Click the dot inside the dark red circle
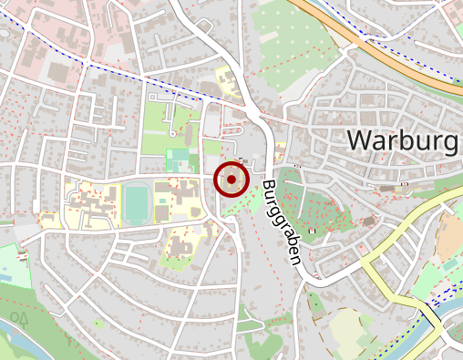pyautogui.click(x=232, y=180)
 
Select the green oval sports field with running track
pyautogui.click(x=138, y=202)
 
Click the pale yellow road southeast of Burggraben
pyautogui.click(x=383, y=273)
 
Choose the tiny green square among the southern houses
pyautogui.click(x=98, y=324)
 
